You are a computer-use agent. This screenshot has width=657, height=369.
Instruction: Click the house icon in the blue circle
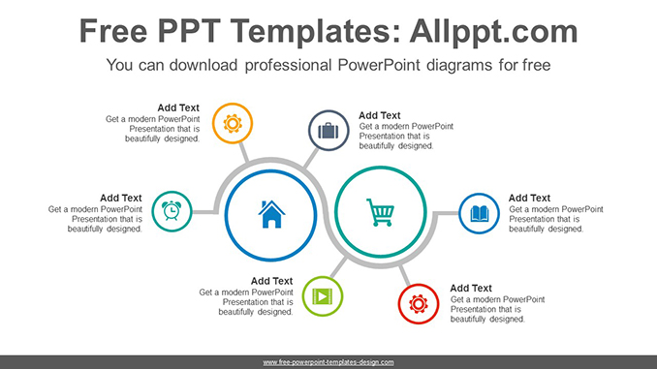click(271, 213)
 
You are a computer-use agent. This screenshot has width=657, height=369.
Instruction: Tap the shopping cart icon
click(380, 212)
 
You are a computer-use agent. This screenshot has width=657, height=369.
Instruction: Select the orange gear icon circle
click(233, 123)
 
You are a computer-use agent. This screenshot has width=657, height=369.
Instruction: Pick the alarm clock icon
click(172, 210)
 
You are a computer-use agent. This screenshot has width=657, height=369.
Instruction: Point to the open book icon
click(479, 213)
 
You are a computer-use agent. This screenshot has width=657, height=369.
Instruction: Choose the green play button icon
click(322, 294)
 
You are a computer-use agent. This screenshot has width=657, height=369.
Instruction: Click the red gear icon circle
click(419, 303)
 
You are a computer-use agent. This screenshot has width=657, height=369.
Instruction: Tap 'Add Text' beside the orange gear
click(178, 108)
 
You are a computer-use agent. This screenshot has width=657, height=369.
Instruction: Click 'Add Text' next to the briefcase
click(380, 114)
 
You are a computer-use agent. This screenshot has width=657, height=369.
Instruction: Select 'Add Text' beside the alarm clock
click(120, 198)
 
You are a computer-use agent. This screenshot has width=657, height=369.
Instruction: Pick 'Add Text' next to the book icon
click(529, 198)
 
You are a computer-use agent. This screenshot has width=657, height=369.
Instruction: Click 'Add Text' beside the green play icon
click(271, 281)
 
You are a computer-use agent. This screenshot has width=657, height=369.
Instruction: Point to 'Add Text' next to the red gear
click(471, 288)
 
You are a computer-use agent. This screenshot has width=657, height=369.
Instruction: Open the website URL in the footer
click(328, 361)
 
